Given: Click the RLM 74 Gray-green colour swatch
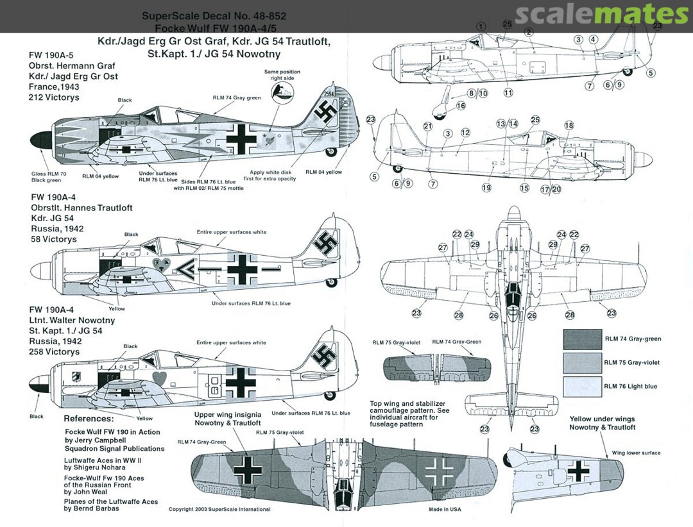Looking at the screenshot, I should tap(581, 339).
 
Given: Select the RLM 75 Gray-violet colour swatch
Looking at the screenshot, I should tap(581, 362).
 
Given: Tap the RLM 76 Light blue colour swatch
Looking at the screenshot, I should tap(581, 386).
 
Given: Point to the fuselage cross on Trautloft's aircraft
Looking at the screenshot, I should tap(242, 269).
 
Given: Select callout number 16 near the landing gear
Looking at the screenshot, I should tap(461, 106).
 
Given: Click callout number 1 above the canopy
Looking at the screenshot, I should tap(481, 26).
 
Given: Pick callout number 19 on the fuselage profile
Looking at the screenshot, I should tap(486, 188).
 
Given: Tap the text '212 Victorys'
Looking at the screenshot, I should tap(54, 99).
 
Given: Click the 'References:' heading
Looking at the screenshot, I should tap(89, 419).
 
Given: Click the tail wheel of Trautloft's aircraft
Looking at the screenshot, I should tap(332, 281).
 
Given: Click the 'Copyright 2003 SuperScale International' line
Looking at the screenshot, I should tap(219, 510).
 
